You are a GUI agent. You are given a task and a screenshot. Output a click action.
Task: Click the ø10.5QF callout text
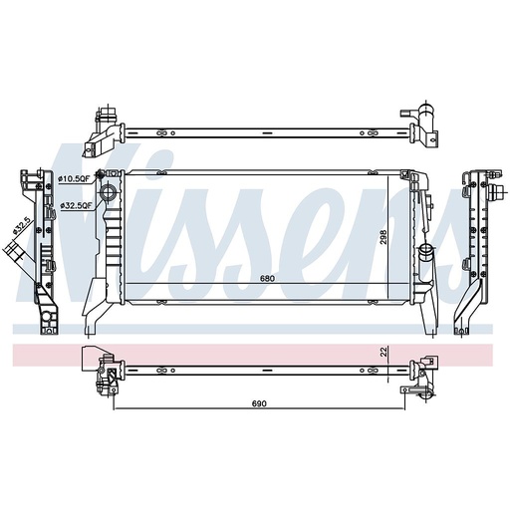pos(76,179)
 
